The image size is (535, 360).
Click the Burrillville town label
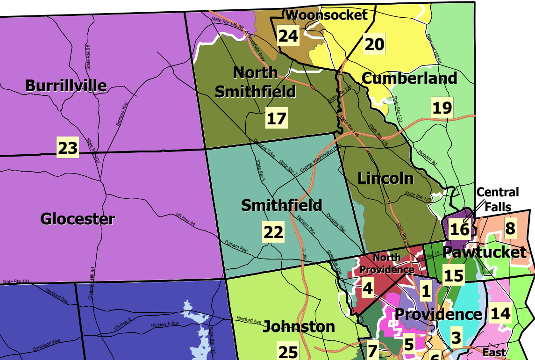pos(66,86)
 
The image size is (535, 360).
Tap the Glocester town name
pos(78,219)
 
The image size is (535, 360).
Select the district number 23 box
pos(67,148)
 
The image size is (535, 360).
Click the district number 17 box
pos(276,118)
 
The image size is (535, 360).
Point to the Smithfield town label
pos(282,205)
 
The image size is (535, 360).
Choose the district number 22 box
pos(273,232)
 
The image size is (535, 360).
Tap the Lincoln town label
pos(385,178)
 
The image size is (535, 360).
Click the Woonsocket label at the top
pos(327,15)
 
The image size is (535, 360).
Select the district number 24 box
pos(288,36)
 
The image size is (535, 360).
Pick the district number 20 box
pos(374,44)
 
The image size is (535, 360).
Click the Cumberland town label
pos(409,79)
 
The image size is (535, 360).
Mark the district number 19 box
pos(442,108)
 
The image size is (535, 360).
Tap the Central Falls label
pos(498,199)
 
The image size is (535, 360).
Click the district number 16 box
pos(459,229)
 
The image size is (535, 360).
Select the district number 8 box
pos(510,228)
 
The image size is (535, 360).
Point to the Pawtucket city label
pos(484,252)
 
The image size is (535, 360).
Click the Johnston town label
pos(299,326)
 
